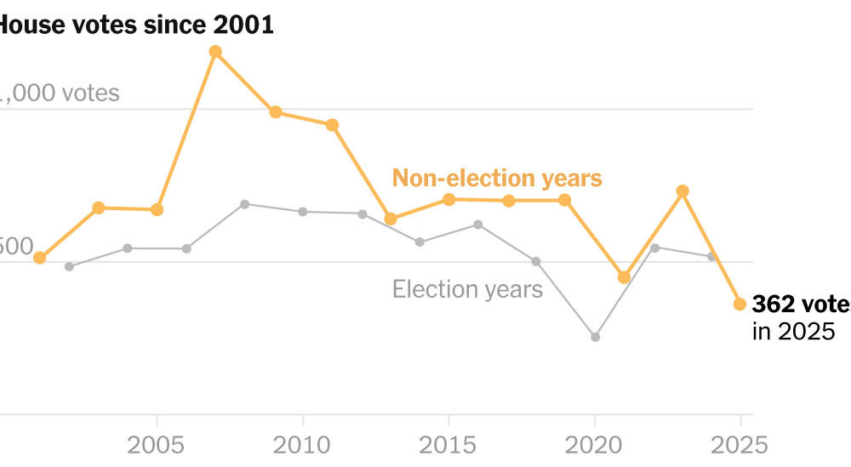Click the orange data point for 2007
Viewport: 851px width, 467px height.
click(215, 52)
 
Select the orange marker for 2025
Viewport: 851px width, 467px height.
click(740, 304)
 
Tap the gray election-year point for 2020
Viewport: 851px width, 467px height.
click(595, 337)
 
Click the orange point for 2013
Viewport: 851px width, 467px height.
click(391, 219)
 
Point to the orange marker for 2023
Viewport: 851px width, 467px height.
click(682, 191)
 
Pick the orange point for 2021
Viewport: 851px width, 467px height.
click(624, 277)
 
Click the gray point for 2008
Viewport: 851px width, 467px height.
click(244, 204)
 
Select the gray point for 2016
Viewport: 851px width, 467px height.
click(477, 225)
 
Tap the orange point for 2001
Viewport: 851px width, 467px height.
click(39, 258)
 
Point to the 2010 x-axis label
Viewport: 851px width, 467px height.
click(303, 445)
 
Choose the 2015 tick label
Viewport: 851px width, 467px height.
click(448, 445)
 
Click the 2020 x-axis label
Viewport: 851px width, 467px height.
click(595, 445)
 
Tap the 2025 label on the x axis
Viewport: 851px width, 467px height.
click(739, 445)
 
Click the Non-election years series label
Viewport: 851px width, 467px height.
click(497, 179)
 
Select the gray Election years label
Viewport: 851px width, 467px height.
click(467, 289)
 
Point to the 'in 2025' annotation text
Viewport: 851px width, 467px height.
click(794, 332)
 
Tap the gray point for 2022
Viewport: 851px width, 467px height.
click(654, 248)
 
